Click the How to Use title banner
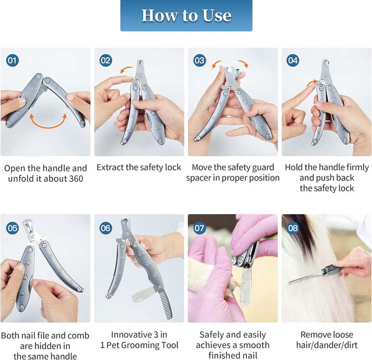186,15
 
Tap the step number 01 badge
13,60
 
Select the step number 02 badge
106,60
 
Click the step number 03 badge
200,60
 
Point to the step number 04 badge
293,60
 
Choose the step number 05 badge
13,228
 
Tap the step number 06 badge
106,228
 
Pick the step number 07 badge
200,228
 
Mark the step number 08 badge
293,228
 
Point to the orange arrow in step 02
126,70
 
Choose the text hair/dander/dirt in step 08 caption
325,345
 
